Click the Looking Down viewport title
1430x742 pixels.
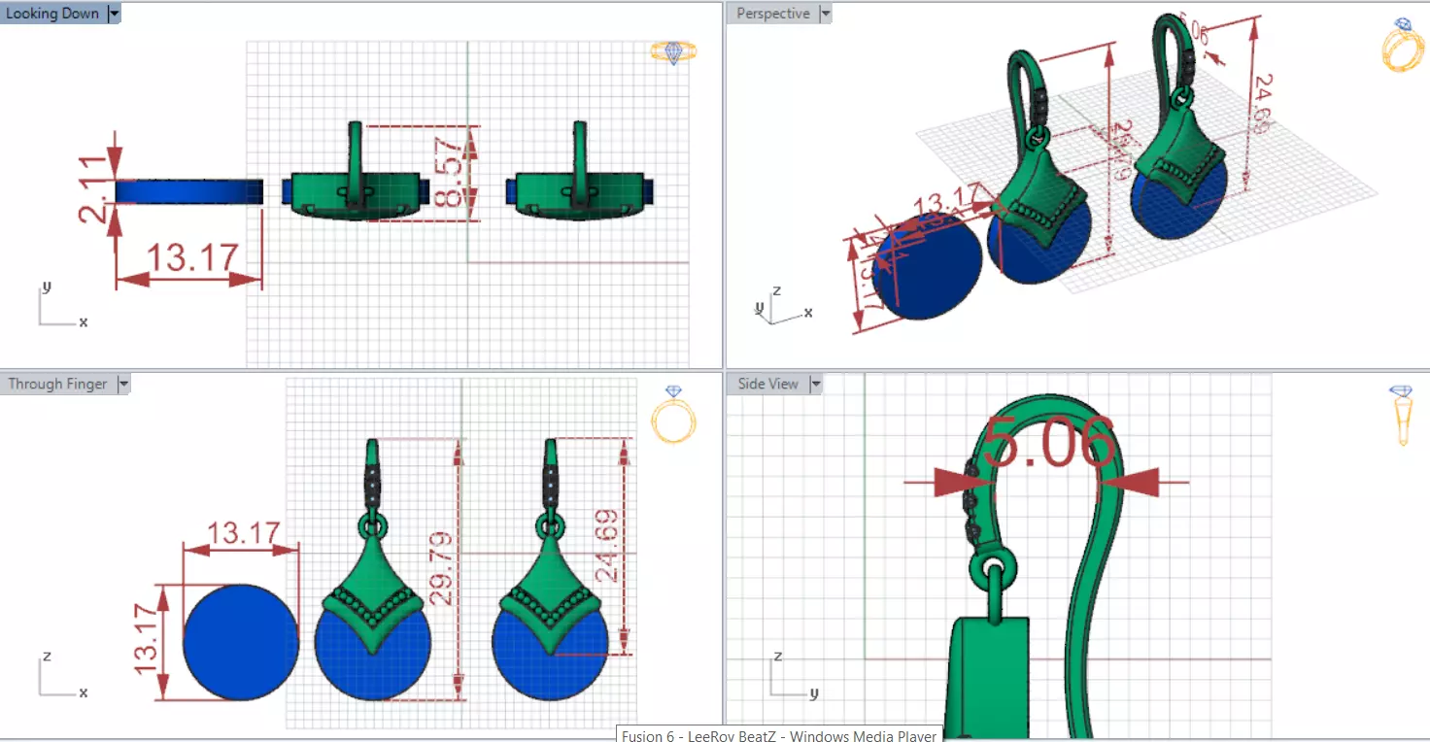(52, 14)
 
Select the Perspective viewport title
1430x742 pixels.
(772, 14)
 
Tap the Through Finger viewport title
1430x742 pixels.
(57, 385)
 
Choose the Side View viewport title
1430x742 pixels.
(767, 385)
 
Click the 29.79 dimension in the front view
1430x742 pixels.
(441, 568)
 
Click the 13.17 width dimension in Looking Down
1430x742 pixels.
(192, 258)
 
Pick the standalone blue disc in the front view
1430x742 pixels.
(241, 642)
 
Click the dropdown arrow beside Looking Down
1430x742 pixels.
(115, 14)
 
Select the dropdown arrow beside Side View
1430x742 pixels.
(816, 385)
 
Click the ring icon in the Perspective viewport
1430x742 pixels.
(1401, 47)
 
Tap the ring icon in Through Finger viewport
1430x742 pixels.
(672, 416)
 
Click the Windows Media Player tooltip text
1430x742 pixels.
(780, 735)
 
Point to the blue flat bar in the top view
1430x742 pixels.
(189, 192)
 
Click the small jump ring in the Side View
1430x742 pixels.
(993, 567)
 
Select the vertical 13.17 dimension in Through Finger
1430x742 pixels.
(148, 641)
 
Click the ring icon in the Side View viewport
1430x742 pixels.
(1401, 416)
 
